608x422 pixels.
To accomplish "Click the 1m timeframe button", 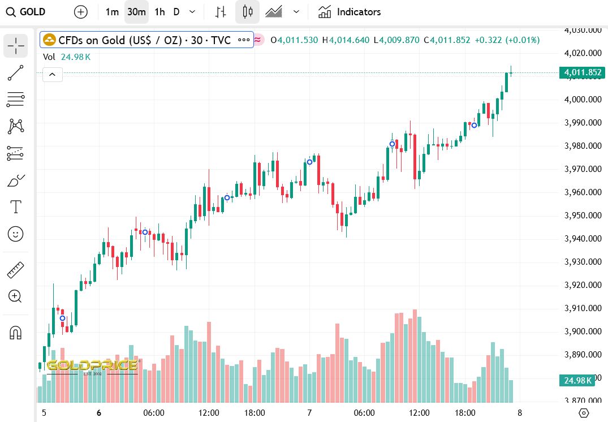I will tap(112, 12).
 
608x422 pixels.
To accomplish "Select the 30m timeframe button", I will tap(136, 12).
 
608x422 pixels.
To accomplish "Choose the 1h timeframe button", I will tap(159, 12).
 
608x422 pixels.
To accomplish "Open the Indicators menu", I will tap(349, 12).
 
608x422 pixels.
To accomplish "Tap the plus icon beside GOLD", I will tap(81, 12).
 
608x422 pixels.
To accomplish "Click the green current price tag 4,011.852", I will tap(580, 72).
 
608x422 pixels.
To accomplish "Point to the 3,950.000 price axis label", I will tap(583, 216).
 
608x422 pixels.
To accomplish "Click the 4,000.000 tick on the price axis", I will tap(583, 100).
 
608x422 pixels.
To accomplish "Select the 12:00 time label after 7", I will tap(419, 413).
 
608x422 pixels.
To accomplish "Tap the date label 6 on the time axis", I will tap(99, 413).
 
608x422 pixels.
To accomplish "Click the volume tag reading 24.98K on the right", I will tap(577, 380).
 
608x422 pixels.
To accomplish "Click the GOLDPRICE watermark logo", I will tap(92, 366).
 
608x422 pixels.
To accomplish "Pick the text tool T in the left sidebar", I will tap(16, 207).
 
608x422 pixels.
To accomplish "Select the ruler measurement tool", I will tap(16, 270).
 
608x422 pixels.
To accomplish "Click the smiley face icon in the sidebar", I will tap(16, 233).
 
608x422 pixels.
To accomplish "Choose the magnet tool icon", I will tap(16, 333).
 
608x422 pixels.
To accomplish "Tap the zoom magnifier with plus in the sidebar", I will tap(15, 296).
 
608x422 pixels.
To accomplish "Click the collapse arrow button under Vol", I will tap(52, 74).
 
